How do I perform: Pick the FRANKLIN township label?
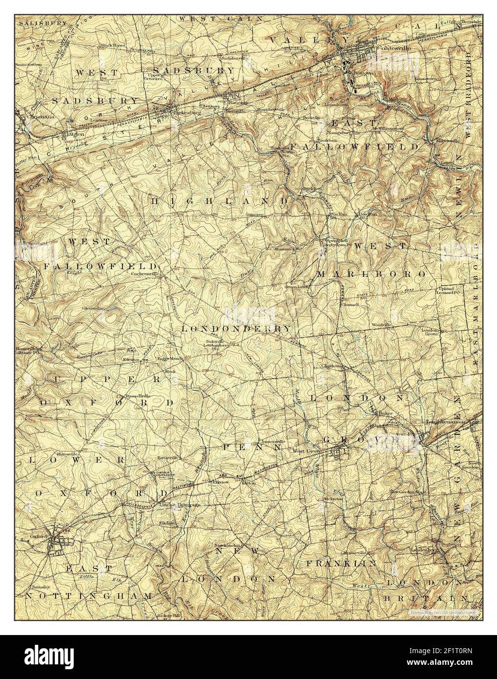tap(341, 563)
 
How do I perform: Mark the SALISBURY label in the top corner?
tap(36, 23)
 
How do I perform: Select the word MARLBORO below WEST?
tap(371, 275)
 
